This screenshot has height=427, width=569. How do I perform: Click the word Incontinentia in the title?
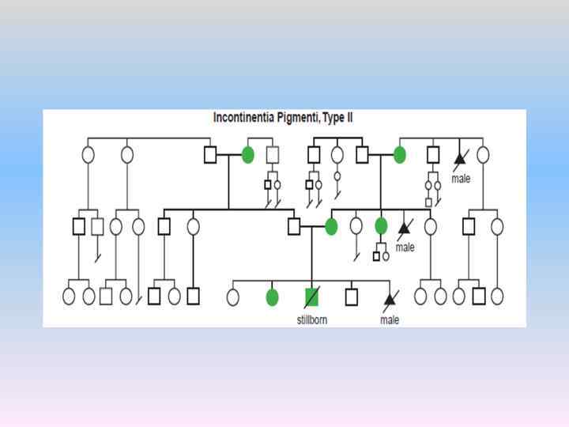(x=244, y=118)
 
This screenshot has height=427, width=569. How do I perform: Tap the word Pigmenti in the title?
(x=302, y=118)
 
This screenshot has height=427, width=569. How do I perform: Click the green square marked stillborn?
(x=311, y=297)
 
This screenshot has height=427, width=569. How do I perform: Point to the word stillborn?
(x=311, y=319)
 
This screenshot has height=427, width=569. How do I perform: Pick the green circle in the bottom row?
(x=272, y=297)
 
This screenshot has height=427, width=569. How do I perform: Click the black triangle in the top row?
(x=459, y=157)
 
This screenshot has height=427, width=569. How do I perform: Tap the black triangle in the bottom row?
(x=389, y=300)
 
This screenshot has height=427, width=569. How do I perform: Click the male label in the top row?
(x=460, y=179)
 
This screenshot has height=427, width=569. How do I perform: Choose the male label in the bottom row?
(x=390, y=319)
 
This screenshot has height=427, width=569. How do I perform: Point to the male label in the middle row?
(x=405, y=248)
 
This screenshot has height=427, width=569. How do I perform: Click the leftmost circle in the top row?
(x=88, y=154)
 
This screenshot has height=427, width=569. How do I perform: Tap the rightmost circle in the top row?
(x=483, y=155)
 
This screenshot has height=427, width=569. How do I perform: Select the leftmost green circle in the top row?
(x=247, y=155)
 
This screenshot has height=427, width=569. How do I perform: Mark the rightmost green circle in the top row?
(x=399, y=155)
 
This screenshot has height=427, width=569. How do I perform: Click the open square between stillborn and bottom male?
(x=351, y=297)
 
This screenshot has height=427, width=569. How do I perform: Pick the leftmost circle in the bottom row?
(x=69, y=297)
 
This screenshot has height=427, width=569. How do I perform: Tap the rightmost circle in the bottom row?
(x=496, y=297)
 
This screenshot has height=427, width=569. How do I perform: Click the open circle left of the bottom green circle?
(x=233, y=297)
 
